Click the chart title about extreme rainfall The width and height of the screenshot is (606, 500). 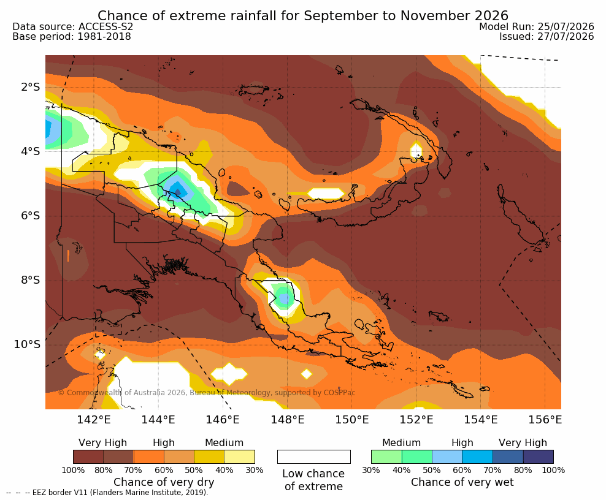coord(302,15)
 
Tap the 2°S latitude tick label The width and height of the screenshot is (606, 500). coord(30,87)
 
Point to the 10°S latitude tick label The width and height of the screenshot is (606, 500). coord(27,344)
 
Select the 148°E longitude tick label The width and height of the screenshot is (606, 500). coord(287,419)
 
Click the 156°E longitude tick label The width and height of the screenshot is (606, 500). coord(545,419)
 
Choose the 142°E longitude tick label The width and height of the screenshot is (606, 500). coord(94,419)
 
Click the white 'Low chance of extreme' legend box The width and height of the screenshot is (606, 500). coord(314,456)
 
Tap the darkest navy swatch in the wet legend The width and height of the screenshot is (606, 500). coord(539,456)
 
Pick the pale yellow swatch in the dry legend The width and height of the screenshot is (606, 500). coord(240,456)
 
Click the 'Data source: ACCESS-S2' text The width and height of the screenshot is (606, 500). coord(72,26)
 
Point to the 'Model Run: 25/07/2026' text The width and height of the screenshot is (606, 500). coord(537,26)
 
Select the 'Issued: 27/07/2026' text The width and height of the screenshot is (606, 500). coord(547,36)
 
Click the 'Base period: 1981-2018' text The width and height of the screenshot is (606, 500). coord(72,37)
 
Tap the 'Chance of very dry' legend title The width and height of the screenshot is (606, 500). coord(164,482)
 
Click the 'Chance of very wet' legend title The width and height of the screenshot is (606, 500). coord(462,482)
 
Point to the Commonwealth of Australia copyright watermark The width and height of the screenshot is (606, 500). coord(206,393)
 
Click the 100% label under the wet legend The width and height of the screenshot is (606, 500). coord(553,470)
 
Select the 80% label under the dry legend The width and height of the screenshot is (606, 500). coord(104,470)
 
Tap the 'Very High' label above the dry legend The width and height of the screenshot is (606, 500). coord(103,443)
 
